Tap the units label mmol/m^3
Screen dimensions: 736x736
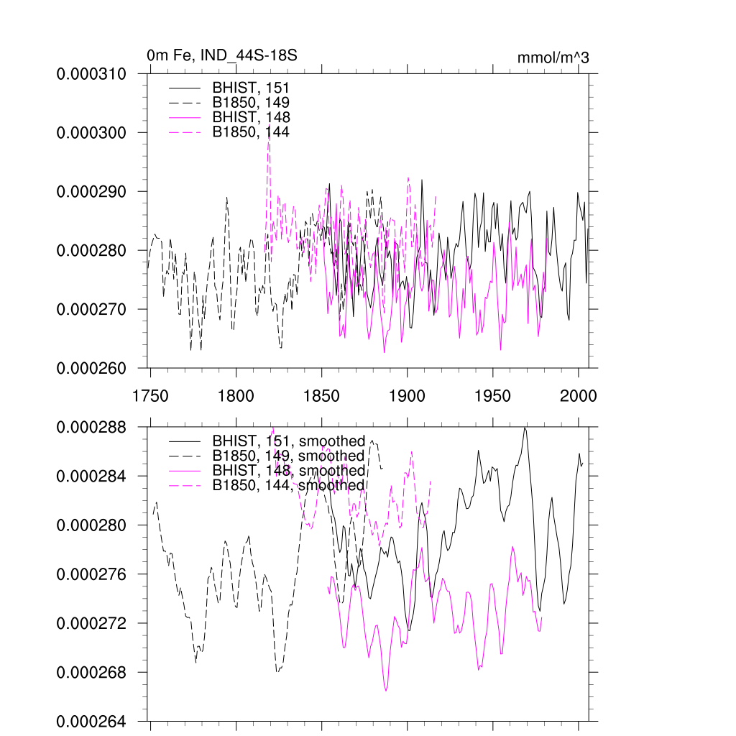(x=553, y=57)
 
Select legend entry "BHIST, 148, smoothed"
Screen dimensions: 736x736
(x=288, y=471)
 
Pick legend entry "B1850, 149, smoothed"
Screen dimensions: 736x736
(x=288, y=456)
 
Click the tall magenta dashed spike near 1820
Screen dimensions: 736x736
(x=269, y=144)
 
